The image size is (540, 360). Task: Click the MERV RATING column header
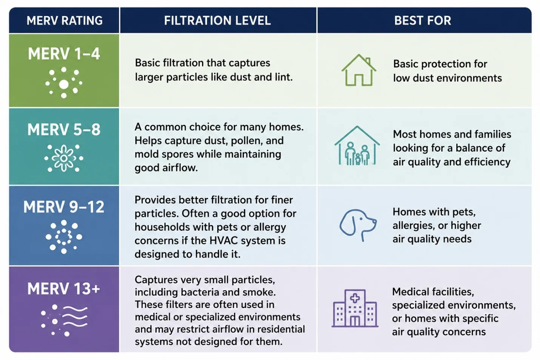coord(64,20)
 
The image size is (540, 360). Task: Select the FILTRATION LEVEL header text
coord(217,20)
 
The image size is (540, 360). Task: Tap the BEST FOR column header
coord(422,20)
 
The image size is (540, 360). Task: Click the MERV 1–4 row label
coord(64,54)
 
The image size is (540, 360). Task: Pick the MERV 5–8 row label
coord(64,130)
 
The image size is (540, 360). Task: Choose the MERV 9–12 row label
coord(64,207)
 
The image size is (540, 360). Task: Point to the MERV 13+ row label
coord(64,288)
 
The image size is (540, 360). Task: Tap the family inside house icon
coord(357,146)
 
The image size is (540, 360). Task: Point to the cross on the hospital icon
coord(355,298)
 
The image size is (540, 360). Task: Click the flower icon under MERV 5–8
coord(64,158)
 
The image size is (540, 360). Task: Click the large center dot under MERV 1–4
coord(64,84)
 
